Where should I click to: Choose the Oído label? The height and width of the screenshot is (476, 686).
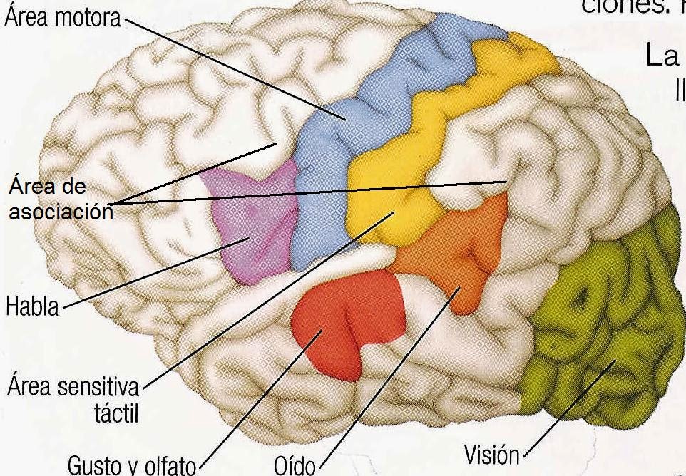click(295, 464)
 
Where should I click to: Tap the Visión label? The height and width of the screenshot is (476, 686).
click(492, 454)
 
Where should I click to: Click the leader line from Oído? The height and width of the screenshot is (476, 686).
click(385, 377)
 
